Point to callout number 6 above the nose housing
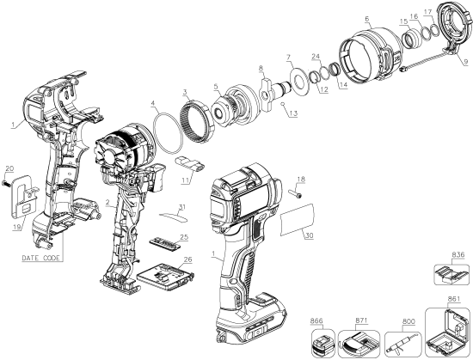pyautogui.click(x=366, y=18)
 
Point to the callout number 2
pyautogui.click(x=106, y=203)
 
